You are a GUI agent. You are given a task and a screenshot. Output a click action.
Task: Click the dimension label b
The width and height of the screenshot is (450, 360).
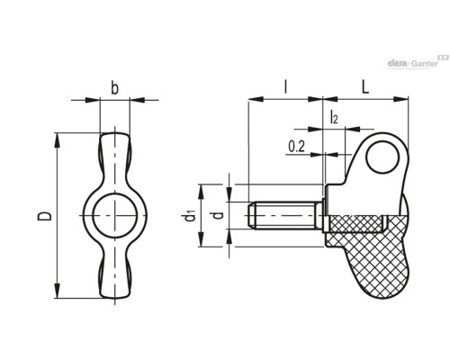(x=114, y=88)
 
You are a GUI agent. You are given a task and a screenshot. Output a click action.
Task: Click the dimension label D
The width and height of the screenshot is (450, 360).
(x=44, y=216)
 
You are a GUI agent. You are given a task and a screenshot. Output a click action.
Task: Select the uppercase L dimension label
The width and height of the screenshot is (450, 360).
(x=365, y=87)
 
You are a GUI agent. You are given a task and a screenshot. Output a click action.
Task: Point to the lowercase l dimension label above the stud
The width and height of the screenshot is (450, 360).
(x=286, y=87)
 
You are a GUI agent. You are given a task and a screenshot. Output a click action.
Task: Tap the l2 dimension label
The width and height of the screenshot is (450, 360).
(x=334, y=117)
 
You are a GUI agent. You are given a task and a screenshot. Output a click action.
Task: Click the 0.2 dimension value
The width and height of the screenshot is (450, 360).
(x=296, y=147)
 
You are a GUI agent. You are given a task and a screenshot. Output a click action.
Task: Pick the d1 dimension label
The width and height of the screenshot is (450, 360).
(x=191, y=216)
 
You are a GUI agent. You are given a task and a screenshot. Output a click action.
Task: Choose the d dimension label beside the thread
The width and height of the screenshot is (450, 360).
(x=219, y=215)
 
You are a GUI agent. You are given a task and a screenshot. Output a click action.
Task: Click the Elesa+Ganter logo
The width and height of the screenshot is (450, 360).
(x=418, y=62)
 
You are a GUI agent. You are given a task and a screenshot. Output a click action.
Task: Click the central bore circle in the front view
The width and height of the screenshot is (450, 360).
(x=115, y=216)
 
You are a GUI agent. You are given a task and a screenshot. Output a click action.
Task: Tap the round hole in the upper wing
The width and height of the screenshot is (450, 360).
(x=382, y=157)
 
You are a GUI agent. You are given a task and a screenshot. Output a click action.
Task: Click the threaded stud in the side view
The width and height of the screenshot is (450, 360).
(x=285, y=216)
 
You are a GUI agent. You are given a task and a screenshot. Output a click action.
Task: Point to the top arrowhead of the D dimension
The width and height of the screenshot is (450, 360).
(x=57, y=140)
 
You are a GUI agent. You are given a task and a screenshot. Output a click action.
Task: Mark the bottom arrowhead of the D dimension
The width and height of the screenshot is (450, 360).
(x=57, y=291)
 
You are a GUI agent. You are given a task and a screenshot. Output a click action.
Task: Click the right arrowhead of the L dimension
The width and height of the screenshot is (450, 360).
(x=400, y=99)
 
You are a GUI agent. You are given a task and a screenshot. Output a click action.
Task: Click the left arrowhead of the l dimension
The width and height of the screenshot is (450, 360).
(x=256, y=99)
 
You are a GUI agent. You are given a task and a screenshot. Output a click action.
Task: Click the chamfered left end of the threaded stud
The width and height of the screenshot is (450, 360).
(x=251, y=216)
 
